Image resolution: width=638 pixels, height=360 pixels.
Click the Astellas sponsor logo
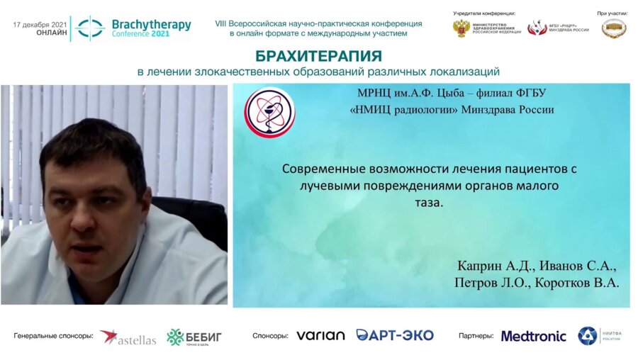(x=128, y=337)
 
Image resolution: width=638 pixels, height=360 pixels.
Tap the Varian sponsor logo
(x=320, y=336)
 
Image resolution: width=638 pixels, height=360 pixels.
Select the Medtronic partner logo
(x=533, y=336)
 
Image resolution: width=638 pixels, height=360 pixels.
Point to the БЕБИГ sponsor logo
(x=194, y=337)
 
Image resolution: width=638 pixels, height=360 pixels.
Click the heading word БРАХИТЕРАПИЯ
(x=318, y=56)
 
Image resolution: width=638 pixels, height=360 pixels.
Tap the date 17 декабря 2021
(x=39, y=25)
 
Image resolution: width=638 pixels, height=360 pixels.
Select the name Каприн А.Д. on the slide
(x=496, y=266)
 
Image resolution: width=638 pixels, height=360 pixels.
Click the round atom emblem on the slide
(x=269, y=112)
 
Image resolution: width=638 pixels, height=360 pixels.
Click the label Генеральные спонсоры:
(x=53, y=336)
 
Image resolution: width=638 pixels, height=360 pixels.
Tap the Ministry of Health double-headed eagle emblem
(x=461, y=29)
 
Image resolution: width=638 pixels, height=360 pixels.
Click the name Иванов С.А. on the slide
(x=578, y=266)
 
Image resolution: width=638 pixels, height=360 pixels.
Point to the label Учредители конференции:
(x=484, y=13)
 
